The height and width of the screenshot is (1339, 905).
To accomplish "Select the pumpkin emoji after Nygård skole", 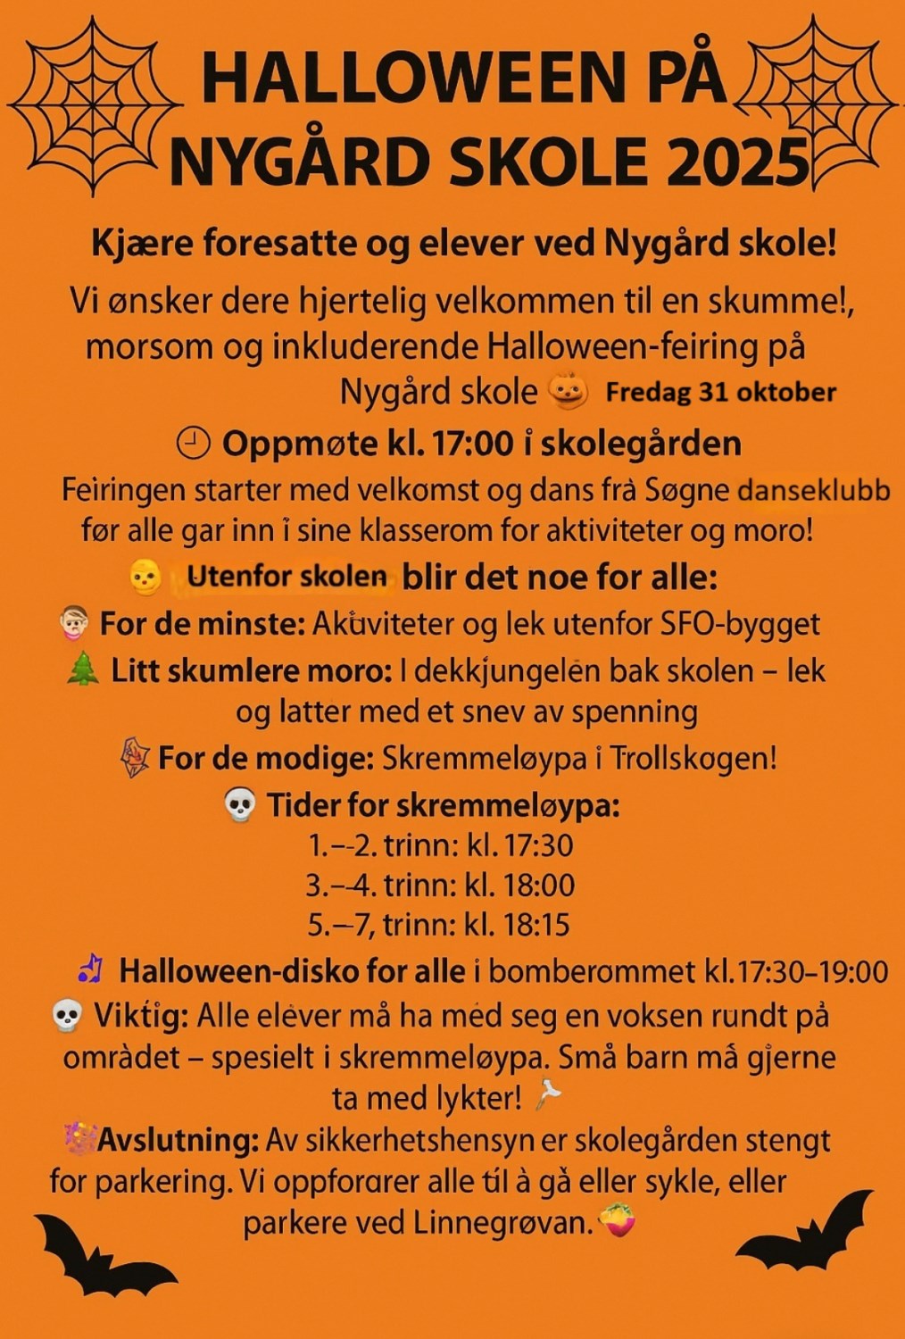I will (x=569, y=391).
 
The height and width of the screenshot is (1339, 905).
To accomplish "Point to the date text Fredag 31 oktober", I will (x=720, y=392).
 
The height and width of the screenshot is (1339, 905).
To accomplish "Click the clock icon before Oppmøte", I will (x=194, y=443).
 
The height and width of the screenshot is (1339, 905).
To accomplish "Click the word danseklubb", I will (x=814, y=491).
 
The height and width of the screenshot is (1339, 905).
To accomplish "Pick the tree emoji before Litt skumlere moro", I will (x=83, y=669).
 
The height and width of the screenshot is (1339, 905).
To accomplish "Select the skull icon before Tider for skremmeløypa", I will (x=239, y=805).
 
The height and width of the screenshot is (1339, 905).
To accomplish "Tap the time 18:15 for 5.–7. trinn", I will (x=535, y=924).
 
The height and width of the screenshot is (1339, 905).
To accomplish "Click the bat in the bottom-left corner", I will (x=103, y=1254).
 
